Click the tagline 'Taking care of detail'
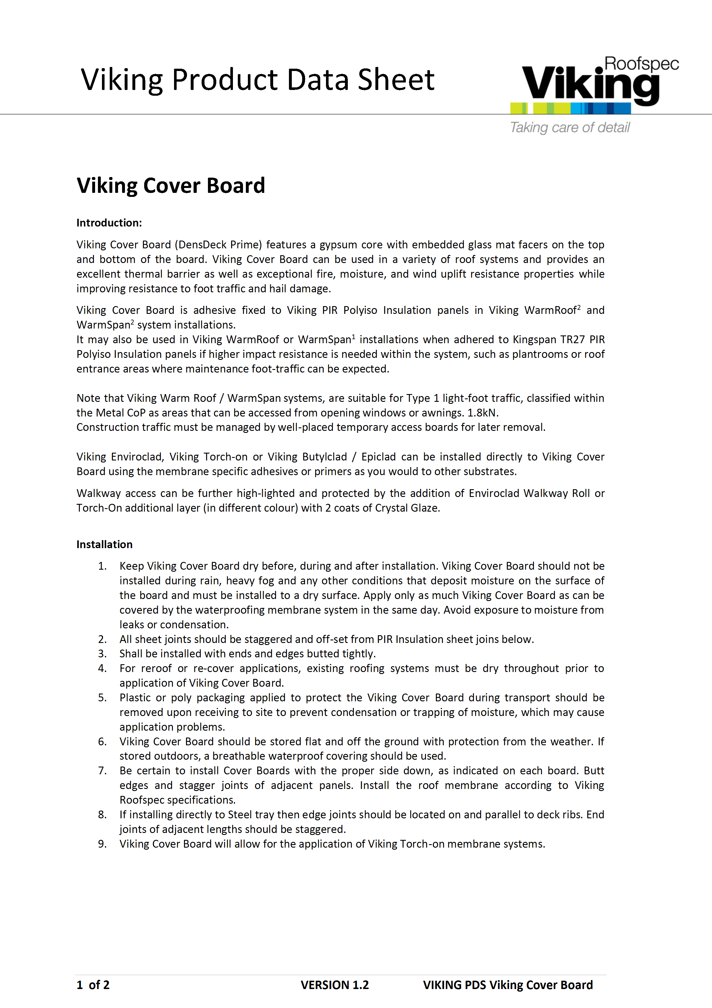tap(570, 128)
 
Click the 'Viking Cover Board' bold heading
tap(171, 185)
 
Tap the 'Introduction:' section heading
tap(109, 222)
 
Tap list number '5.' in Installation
tap(102, 698)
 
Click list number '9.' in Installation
tap(102, 844)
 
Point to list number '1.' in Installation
tap(102, 566)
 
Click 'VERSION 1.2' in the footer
tap(334, 985)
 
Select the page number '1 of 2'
tap(93, 985)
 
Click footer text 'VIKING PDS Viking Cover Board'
tap(508, 985)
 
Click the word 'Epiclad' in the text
tap(378, 457)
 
